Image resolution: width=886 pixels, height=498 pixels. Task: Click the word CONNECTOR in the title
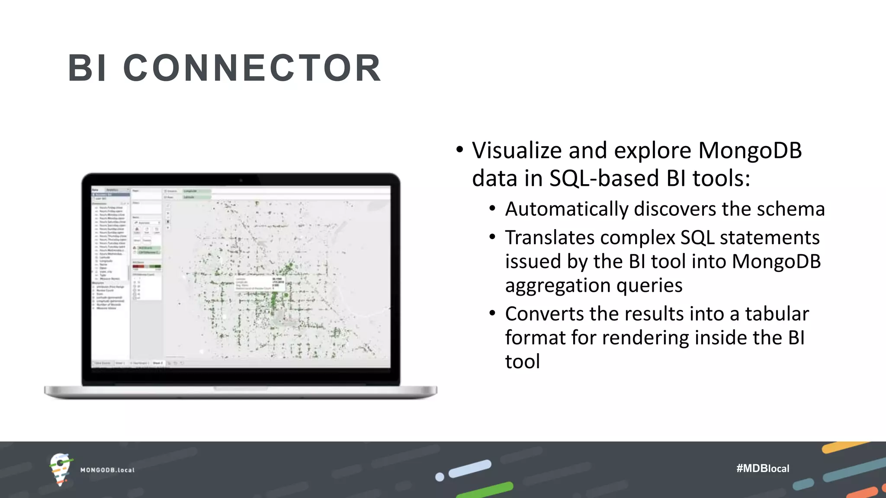click(x=252, y=68)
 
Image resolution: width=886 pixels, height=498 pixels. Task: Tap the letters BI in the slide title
click(x=87, y=68)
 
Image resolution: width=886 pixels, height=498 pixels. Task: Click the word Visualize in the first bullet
click(x=517, y=151)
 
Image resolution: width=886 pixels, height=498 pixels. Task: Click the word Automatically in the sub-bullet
click(x=566, y=209)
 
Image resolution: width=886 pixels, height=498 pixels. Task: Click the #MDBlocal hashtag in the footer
click(x=763, y=468)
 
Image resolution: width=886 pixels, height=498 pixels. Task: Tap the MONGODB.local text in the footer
click(x=107, y=470)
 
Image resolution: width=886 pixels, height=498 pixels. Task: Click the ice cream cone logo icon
click(x=60, y=469)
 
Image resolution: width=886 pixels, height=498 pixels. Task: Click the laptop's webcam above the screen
click(x=241, y=180)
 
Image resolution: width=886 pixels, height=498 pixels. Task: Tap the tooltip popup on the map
click(x=260, y=284)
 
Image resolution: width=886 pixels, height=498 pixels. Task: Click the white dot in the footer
click(x=440, y=477)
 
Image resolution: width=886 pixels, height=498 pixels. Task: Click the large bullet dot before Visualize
click(x=459, y=150)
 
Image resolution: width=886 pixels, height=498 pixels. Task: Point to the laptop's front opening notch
click(x=241, y=389)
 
